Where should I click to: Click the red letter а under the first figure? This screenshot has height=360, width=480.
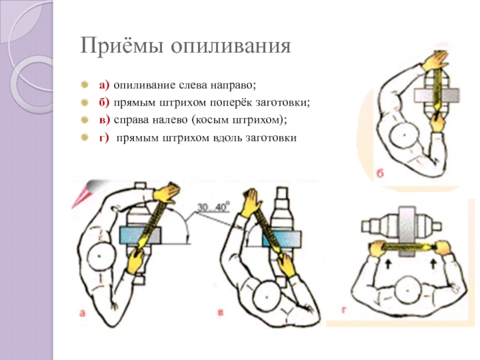[83, 311]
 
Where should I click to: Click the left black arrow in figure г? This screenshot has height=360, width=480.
[388, 262]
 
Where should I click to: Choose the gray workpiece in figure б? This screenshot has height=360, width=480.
[437, 95]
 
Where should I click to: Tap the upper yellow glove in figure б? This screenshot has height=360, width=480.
[436, 61]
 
